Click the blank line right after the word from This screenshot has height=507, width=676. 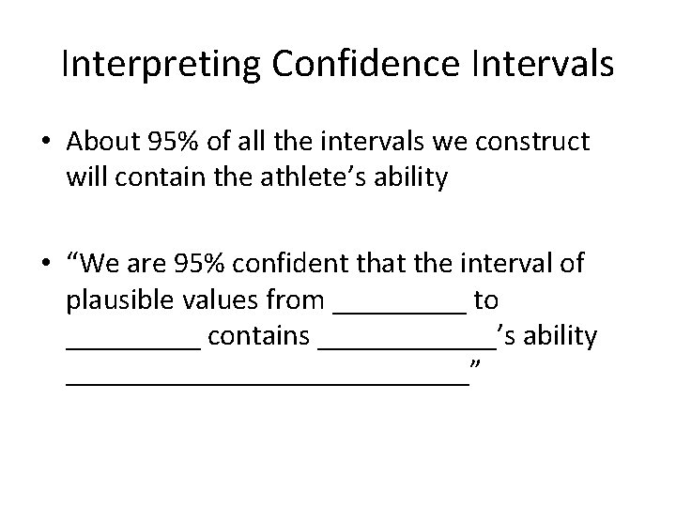point(400,310)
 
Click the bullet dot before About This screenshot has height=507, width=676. point(46,144)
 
